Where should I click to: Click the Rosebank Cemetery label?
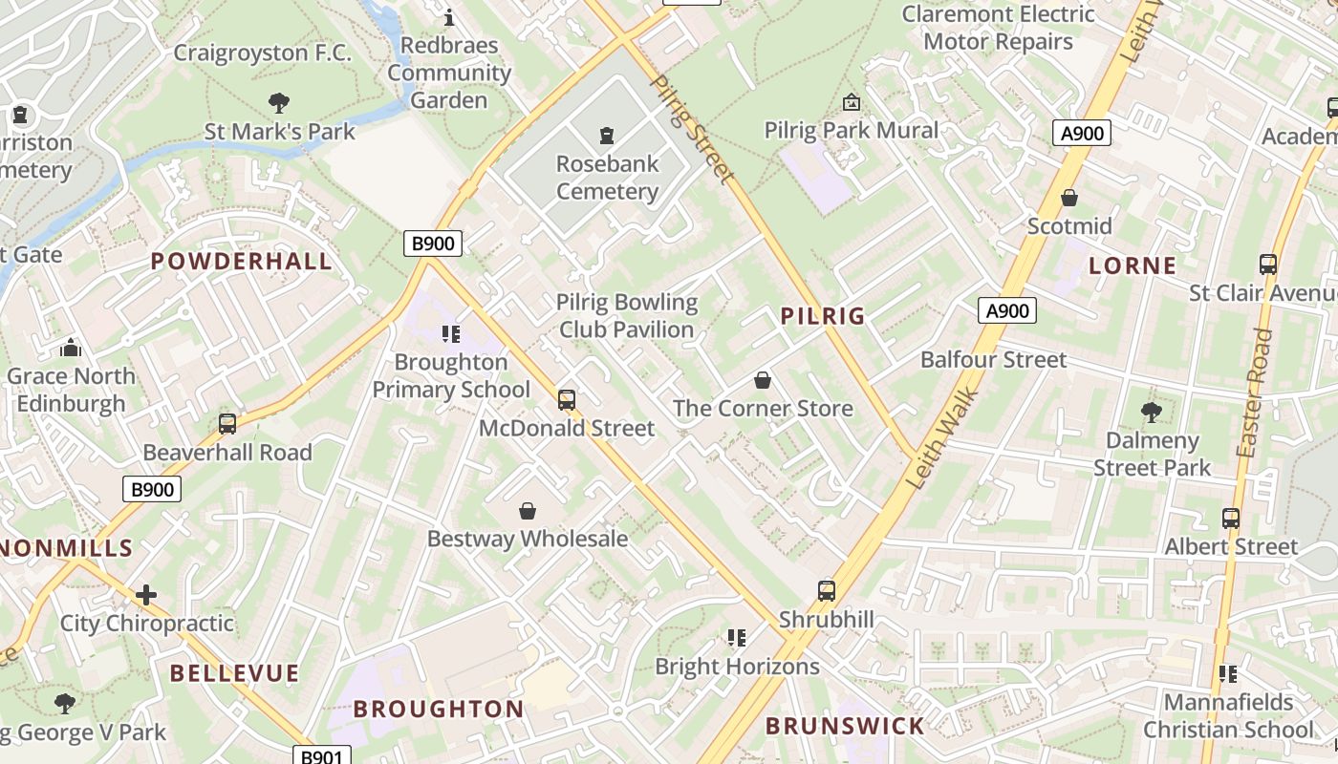point(608,177)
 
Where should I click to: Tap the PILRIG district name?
point(822,316)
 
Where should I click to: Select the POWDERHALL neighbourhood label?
point(242,262)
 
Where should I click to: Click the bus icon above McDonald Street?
point(567,399)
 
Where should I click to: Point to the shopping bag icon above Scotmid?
point(1069,198)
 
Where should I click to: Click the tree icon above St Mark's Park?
point(279,102)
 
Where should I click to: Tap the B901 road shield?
point(321,756)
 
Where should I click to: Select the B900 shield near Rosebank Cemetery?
point(432,244)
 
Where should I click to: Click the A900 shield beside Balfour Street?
point(1007,310)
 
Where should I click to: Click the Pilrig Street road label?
point(692,128)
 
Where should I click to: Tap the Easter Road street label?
point(1255,393)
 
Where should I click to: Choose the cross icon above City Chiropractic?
point(145,595)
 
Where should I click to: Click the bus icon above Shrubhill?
point(827,590)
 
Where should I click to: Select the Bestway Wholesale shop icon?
point(527,511)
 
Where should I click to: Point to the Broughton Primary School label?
point(450,375)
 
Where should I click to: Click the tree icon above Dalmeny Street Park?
point(1152,412)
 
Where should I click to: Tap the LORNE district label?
point(1133,265)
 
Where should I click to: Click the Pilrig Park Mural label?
point(852,130)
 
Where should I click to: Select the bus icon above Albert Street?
point(1231,519)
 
